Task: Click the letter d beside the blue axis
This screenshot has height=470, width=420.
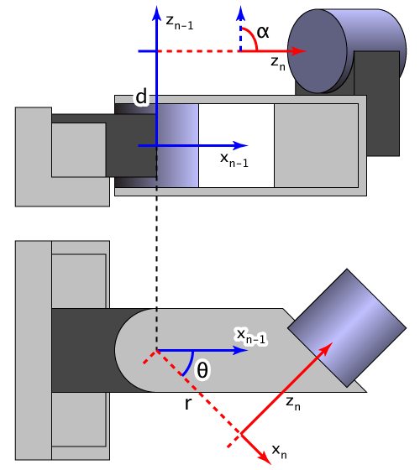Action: [x=141, y=97]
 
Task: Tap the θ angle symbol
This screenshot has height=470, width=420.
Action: [x=202, y=369]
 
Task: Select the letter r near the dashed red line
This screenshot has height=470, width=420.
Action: [x=190, y=405]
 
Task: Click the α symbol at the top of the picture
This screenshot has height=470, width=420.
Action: [x=264, y=32]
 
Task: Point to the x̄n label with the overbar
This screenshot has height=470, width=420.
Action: [x=279, y=451]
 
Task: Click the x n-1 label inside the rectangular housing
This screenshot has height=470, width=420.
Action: [x=234, y=159]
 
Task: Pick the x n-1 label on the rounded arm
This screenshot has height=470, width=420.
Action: [x=251, y=337]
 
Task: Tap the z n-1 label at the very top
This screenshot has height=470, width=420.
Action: [x=180, y=23]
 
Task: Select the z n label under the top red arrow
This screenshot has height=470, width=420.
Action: [x=278, y=63]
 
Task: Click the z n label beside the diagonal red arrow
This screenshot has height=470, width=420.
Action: [x=293, y=404]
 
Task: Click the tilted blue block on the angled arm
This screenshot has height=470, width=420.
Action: [x=346, y=326]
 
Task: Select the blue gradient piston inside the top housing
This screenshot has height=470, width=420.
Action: [x=177, y=145]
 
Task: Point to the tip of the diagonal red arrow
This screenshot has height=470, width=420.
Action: [x=331, y=344]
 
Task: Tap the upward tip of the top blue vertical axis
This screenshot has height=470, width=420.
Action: [x=156, y=10]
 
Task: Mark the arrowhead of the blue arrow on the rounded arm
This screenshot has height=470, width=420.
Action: [x=243, y=350]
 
